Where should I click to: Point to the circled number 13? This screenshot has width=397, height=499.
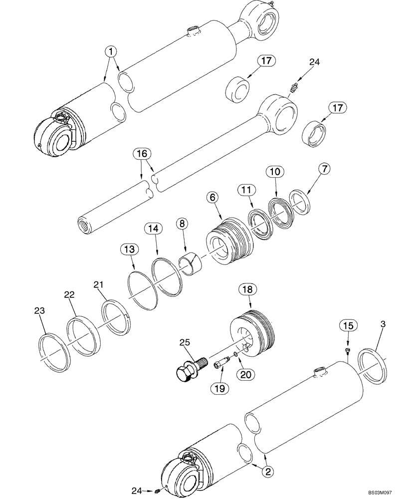[129, 249]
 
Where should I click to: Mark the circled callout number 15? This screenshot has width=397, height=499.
[348, 325]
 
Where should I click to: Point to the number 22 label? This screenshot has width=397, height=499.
[69, 295]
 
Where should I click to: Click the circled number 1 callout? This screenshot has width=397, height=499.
[111, 51]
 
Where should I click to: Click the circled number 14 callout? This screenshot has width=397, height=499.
[153, 229]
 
